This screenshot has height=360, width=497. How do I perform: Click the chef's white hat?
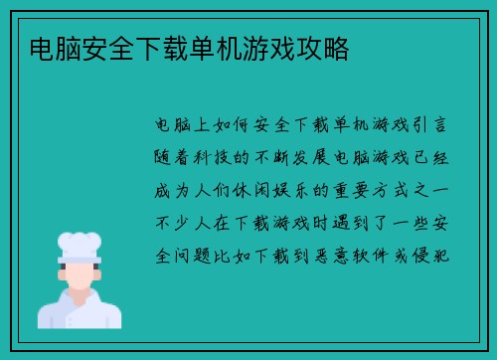80,245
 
